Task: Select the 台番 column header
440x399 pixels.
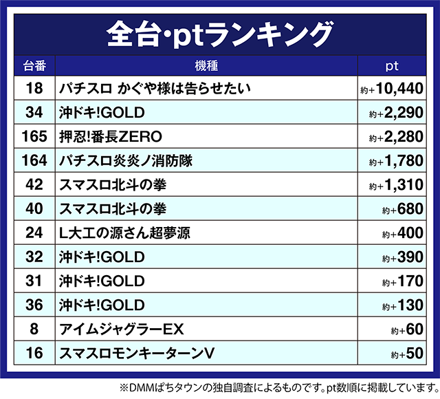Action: tap(34, 67)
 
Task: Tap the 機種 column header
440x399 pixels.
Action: tap(206, 67)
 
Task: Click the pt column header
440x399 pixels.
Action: tap(393, 67)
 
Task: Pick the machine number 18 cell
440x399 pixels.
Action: tap(34, 88)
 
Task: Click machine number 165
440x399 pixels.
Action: tap(34, 136)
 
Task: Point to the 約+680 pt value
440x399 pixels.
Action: tap(401, 209)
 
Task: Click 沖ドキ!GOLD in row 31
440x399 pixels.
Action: tap(102, 281)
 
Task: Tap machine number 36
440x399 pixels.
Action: tap(34, 305)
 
